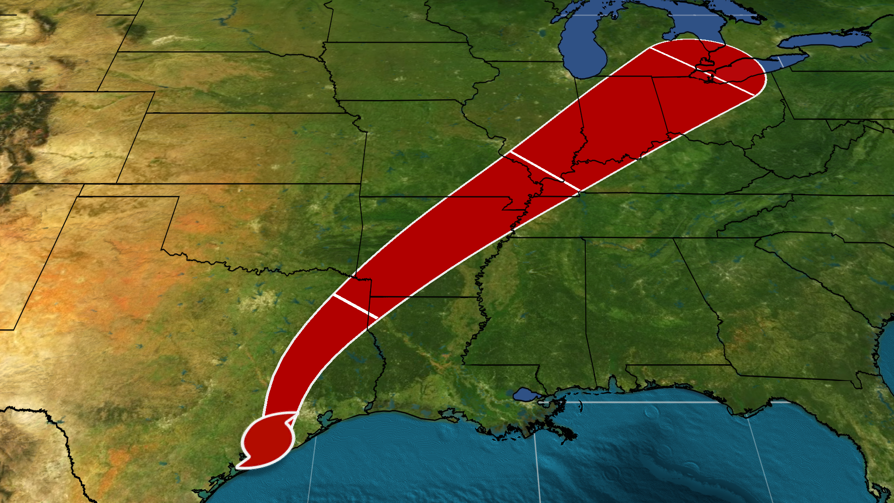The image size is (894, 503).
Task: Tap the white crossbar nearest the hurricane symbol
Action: (355, 307)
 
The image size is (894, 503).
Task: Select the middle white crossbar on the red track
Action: (545, 170)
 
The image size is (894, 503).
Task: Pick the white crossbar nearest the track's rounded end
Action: (702, 71)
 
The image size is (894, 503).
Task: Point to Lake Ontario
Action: (824, 41)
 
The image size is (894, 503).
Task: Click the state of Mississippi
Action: (535, 307)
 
